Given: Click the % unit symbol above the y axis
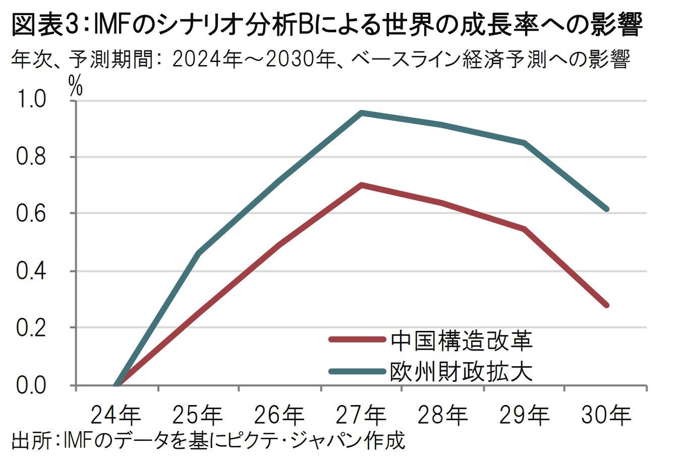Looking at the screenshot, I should click(75, 87).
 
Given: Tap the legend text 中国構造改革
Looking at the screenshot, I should click(461, 341).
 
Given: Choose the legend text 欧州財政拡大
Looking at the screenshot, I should click(461, 372).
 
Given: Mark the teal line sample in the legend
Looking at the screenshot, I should click(356, 371).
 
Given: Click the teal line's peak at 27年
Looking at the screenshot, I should click(361, 113).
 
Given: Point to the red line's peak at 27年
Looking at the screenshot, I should click(361, 185).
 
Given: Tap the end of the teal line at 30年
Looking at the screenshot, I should click(606, 209).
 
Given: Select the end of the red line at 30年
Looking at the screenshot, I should click(606, 305).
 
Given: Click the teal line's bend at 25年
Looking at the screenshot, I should click(198, 253).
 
